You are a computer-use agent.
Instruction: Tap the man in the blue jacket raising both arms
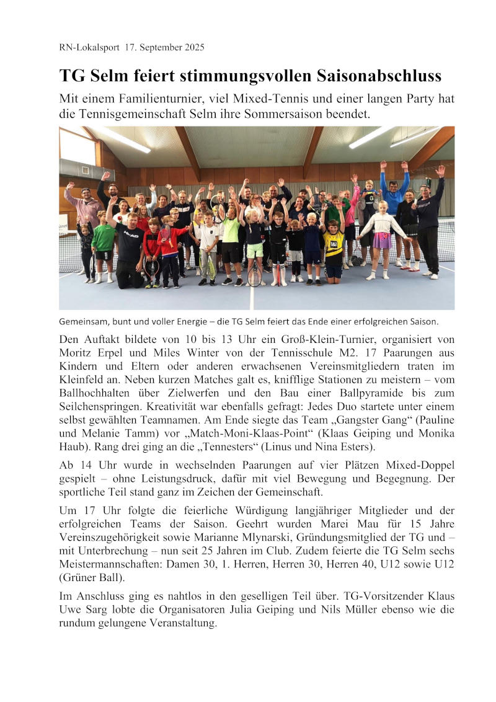pos(394,192)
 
